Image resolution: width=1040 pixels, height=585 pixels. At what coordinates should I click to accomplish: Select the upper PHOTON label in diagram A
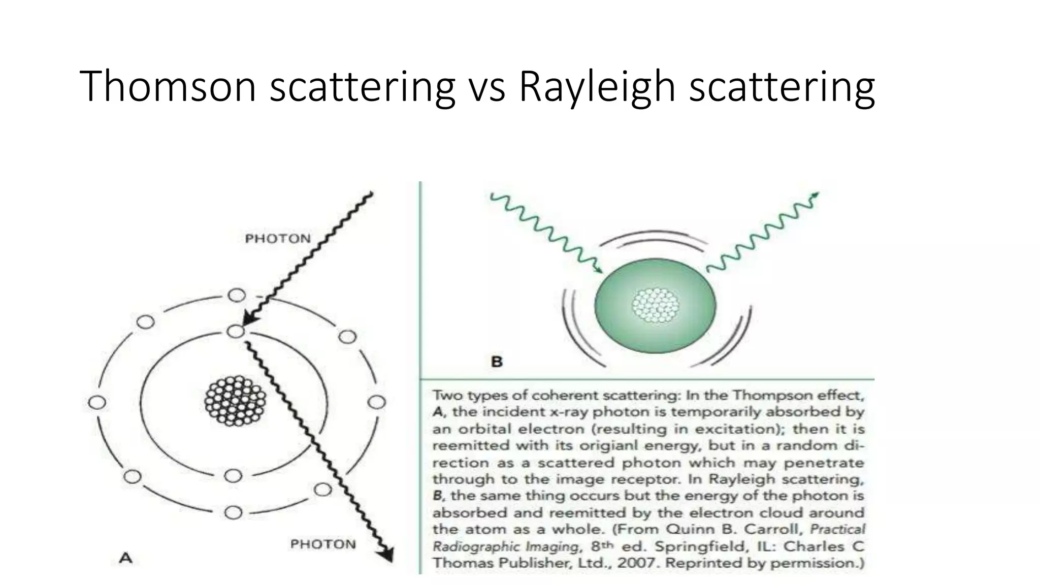tap(277, 239)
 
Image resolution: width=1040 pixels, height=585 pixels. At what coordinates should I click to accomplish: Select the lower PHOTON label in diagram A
tap(323, 544)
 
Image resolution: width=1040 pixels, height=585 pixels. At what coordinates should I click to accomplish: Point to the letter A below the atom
tap(125, 559)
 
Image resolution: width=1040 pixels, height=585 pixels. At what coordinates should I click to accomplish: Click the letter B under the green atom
tap(497, 362)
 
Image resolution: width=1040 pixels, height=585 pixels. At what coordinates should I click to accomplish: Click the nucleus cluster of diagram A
tap(235, 401)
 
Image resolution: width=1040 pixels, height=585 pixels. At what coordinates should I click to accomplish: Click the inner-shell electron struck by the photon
tap(235, 332)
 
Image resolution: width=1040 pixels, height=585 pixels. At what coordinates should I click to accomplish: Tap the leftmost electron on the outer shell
tap(96, 403)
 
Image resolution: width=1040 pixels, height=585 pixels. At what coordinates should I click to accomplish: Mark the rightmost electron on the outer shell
tap(376, 403)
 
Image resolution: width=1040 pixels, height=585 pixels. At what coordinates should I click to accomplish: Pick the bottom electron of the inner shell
tap(233, 476)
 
